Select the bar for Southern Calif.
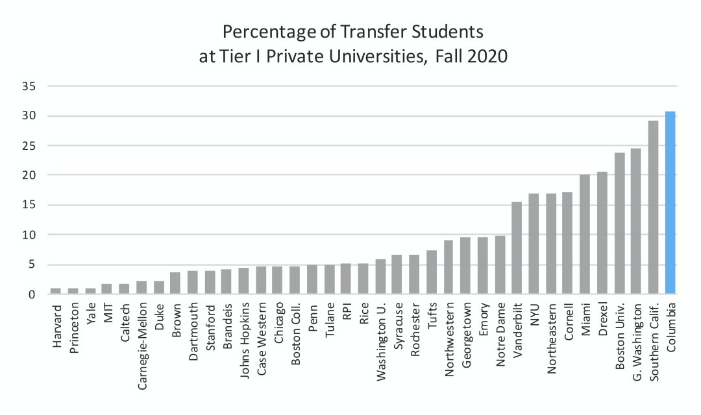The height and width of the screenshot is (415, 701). (x=653, y=207)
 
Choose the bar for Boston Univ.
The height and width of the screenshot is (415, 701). (x=619, y=224)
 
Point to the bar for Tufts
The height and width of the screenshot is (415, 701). (x=432, y=272)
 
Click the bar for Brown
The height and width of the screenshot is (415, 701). (x=175, y=283)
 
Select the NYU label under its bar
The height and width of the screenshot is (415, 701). (x=534, y=311)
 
